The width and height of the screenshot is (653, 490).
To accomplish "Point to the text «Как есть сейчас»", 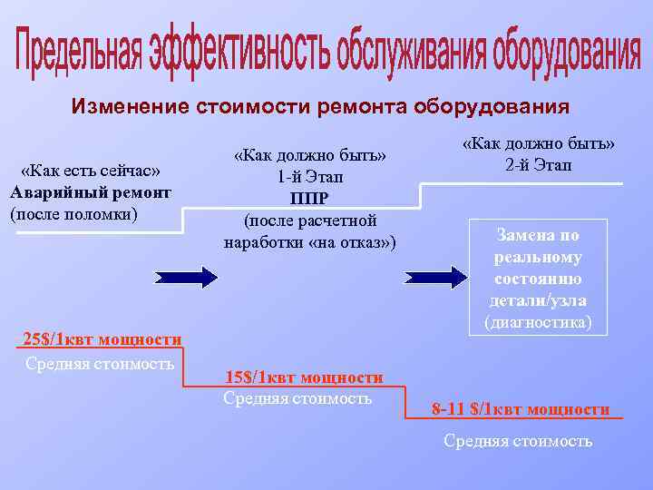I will tap(90, 171).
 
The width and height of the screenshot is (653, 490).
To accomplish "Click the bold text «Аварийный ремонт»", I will tap(90, 192).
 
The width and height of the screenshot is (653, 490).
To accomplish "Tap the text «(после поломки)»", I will tap(73, 214).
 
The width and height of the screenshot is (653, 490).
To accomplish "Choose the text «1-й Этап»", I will tap(309, 177).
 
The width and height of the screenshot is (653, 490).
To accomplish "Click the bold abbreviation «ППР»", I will tap(309, 199).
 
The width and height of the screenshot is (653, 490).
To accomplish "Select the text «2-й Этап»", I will tap(538, 165).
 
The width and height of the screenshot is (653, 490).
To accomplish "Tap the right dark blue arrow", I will tap(436, 277).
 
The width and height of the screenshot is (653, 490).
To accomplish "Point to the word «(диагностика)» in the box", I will tap(538, 321).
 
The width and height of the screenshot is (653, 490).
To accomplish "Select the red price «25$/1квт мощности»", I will tap(102, 339).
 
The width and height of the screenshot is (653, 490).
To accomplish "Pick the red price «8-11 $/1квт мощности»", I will tap(521, 409).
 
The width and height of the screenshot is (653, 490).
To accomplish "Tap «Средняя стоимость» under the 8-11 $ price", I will tap(518, 441).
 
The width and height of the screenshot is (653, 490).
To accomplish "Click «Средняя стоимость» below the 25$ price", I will tap(99, 364).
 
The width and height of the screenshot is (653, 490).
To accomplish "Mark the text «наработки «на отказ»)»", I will tap(309, 242).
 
